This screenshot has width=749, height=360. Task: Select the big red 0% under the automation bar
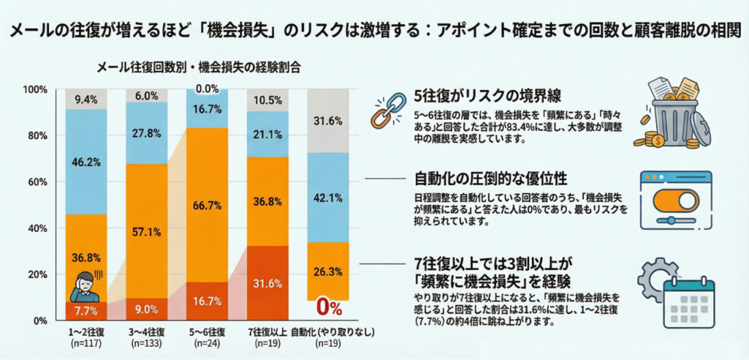(328, 306)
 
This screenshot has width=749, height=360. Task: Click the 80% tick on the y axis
(35, 135)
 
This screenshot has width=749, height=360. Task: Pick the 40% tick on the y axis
(35, 228)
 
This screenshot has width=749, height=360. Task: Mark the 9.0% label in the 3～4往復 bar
(147, 309)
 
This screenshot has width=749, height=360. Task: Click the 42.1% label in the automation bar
(328, 197)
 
